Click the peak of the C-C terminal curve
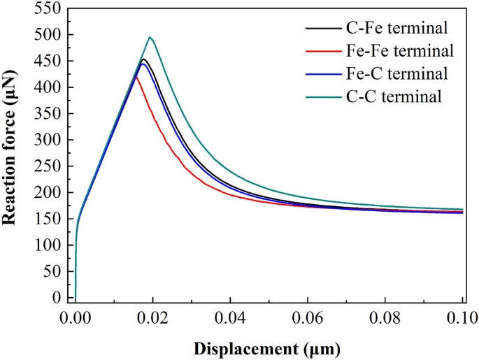pyautogui.click(x=150, y=37)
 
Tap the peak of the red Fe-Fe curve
pyautogui.click(x=137, y=77)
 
